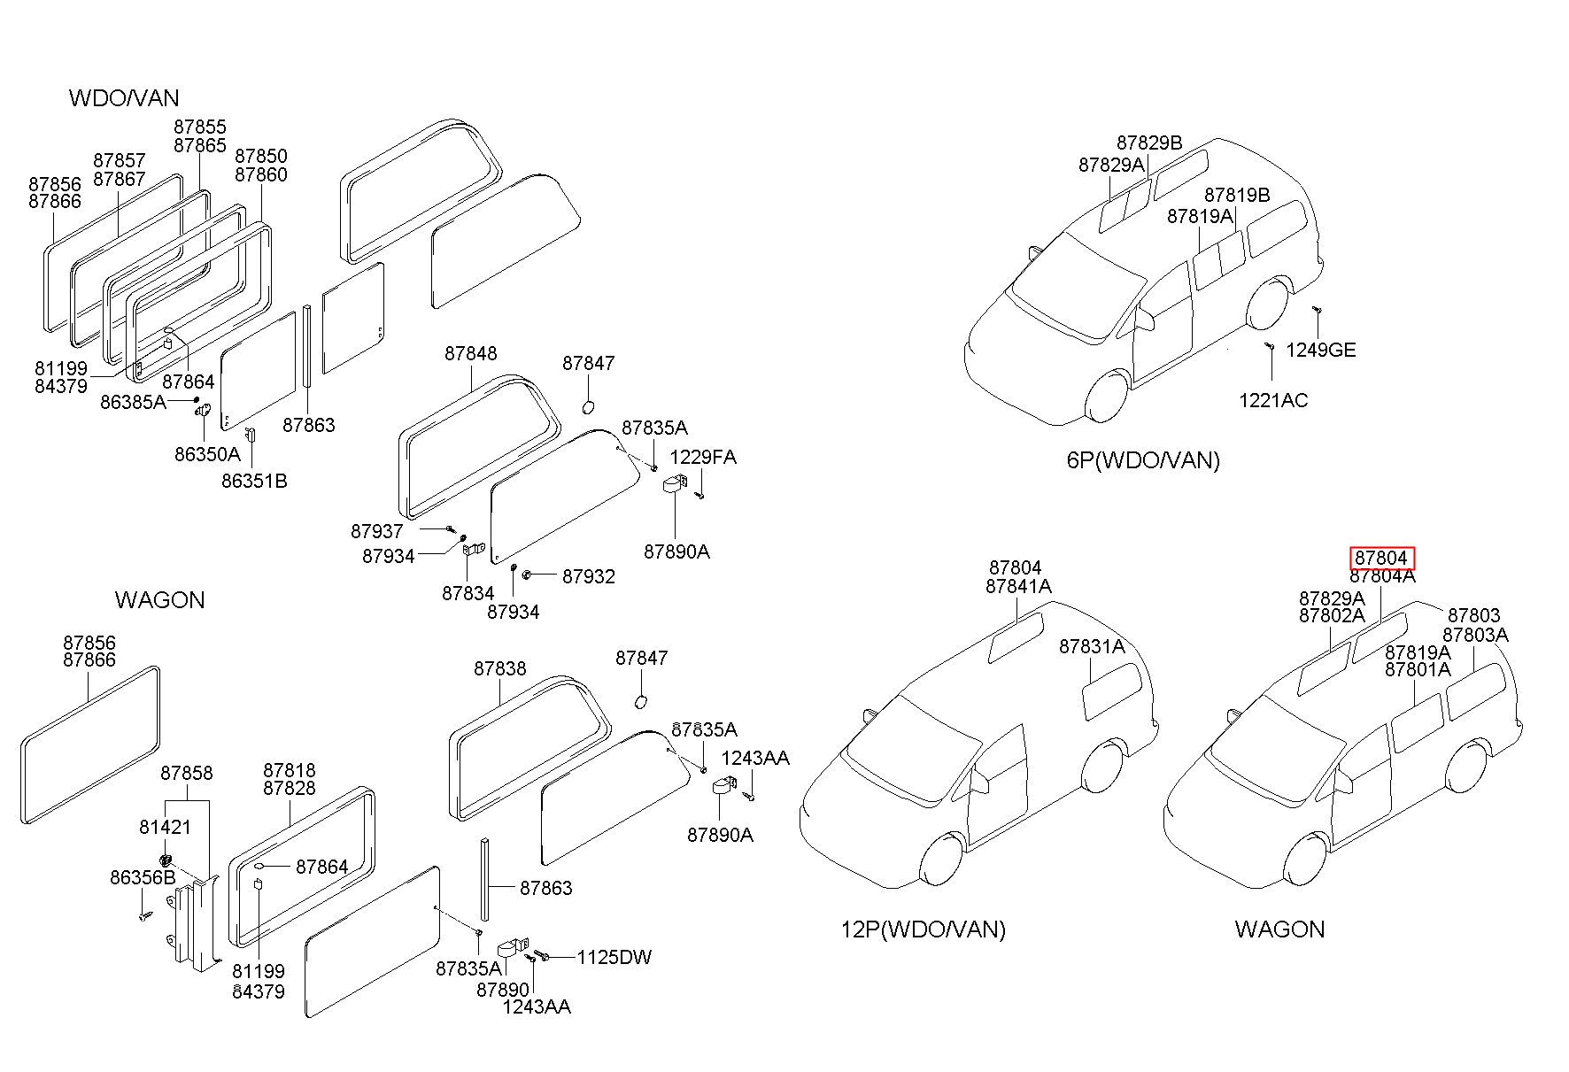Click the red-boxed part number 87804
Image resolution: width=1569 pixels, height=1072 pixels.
click(x=1381, y=558)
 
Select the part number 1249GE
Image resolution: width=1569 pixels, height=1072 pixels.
click(x=1320, y=350)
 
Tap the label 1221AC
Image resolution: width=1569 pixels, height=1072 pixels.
click(x=1273, y=400)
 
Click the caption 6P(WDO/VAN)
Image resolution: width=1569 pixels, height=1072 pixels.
click(x=1143, y=460)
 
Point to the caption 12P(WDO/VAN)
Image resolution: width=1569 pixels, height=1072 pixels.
click(x=923, y=929)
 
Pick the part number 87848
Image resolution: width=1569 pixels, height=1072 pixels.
click(x=471, y=353)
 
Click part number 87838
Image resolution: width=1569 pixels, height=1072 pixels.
click(x=499, y=668)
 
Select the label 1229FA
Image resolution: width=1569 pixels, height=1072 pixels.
click(x=703, y=457)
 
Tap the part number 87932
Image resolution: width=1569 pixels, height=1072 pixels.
click(x=589, y=576)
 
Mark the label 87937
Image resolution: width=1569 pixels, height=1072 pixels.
click(x=377, y=531)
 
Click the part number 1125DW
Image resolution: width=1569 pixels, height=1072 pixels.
click(x=614, y=957)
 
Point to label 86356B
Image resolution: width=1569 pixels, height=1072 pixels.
click(x=143, y=877)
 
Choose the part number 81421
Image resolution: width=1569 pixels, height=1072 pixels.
click(x=165, y=827)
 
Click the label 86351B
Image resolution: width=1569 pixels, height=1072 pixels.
click(x=254, y=482)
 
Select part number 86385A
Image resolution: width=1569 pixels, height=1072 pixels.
click(x=133, y=402)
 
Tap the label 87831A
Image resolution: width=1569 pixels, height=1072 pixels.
click(x=1092, y=647)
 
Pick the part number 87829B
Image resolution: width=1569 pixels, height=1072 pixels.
click(x=1149, y=143)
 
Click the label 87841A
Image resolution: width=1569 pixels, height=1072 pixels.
click(x=1018, y=586)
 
